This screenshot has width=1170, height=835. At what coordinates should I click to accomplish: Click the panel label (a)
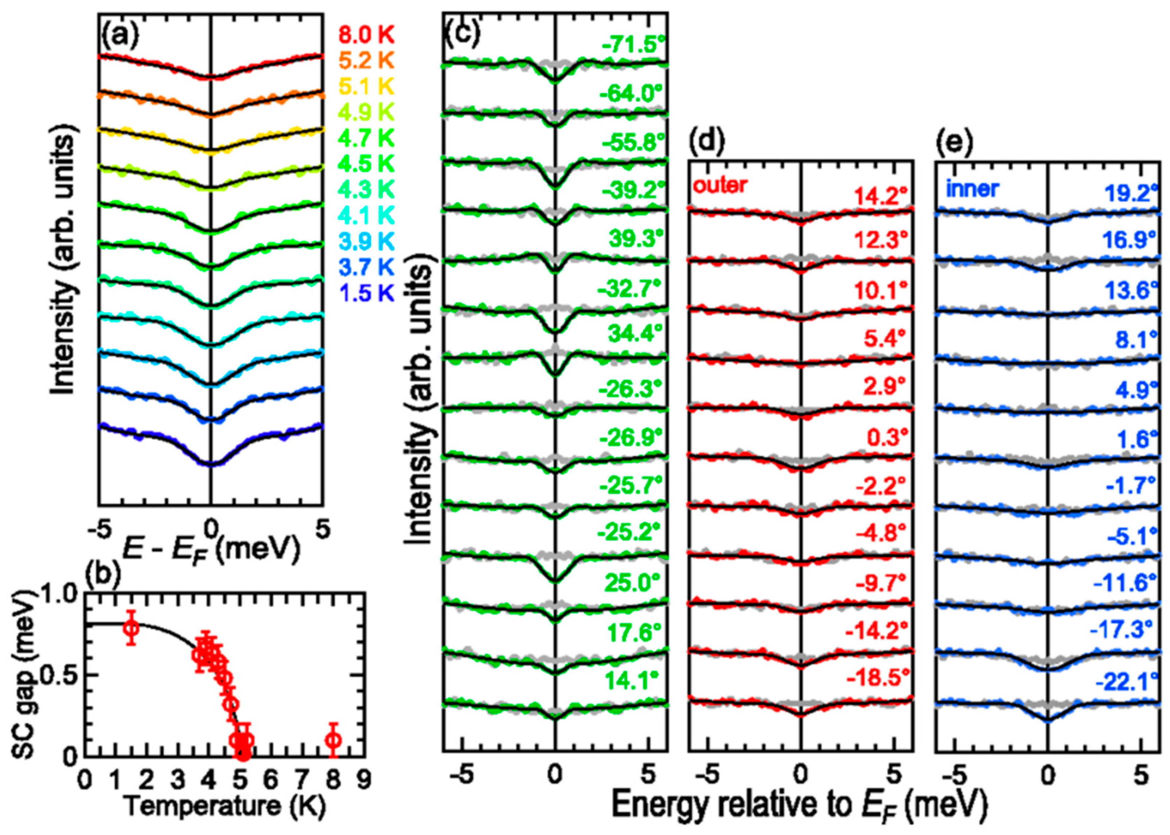[119, 37]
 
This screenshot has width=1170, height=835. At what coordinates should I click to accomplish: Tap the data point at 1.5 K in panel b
[132, 628]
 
